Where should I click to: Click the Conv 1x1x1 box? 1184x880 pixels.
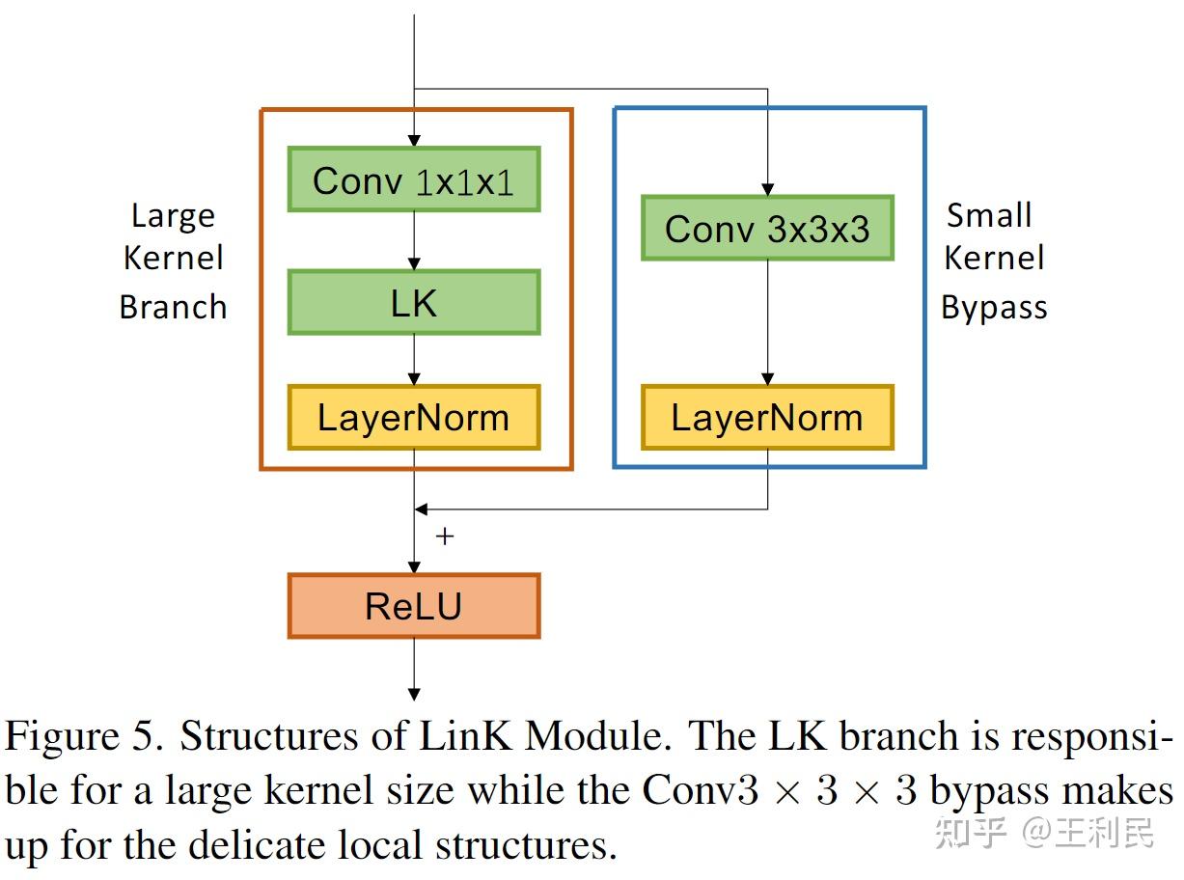click(x=414, y=179)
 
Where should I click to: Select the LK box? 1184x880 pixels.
click(x=414, y=303)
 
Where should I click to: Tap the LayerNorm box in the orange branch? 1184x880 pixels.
click(x=414, y=418)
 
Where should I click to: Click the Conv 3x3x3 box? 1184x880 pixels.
click(x=767, y=229)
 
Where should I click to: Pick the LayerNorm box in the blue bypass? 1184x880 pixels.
click(x=767, y=418)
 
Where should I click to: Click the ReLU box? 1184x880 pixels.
click(x=414, y=606)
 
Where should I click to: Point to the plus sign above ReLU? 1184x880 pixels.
click(x=444, y=536)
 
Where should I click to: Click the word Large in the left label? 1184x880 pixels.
click(x=173, y=215)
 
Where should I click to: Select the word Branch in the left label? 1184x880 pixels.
click(x=173, y=307)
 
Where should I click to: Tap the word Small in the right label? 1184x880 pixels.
click(x=989, y=215)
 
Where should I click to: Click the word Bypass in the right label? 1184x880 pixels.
click(x=994, y=308)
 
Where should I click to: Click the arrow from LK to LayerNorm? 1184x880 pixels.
click(x=414, y=360)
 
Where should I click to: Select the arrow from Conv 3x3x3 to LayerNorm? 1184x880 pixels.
click(x=767, y=323)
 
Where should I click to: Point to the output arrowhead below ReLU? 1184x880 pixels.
click(x=414, y=693)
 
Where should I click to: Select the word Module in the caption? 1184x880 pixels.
click(x=597, y=737)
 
